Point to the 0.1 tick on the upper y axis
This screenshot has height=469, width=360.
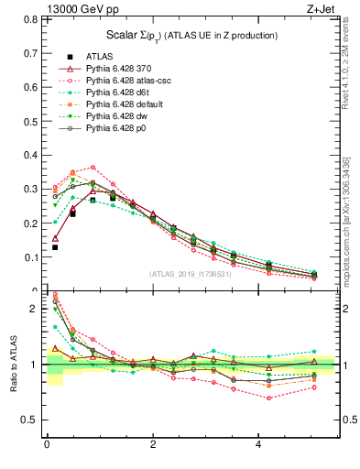coord(32,257)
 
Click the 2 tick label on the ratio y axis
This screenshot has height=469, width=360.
coord(37,309)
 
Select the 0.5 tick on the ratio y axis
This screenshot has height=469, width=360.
coord(32,420)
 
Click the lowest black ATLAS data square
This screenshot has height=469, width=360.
coord(55,247)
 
